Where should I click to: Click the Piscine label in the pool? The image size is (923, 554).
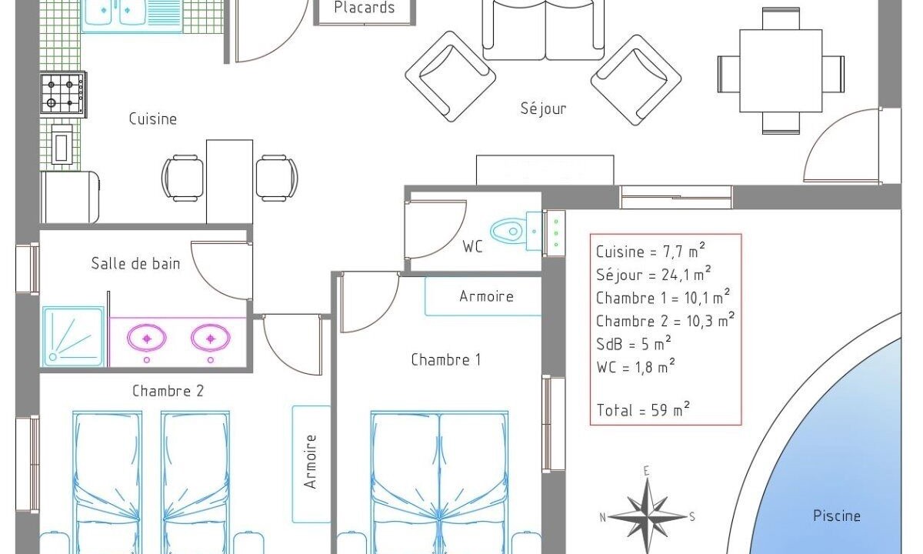837,516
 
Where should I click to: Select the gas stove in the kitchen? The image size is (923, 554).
63,94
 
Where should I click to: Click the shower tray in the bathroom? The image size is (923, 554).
73,336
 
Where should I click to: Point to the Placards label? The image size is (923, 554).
365,8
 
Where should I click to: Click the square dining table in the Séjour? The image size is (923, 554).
781,71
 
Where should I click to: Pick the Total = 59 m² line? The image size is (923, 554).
643,409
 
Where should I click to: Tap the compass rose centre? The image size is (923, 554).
648,516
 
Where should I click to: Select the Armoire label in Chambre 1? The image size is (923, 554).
486,296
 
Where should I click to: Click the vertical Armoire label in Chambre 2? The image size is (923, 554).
310,462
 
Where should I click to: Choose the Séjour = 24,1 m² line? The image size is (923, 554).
654,274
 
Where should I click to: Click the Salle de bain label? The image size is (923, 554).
135,263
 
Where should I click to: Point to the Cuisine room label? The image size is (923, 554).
153,118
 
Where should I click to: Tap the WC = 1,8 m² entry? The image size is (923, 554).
636,366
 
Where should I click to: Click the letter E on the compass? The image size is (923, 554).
647,471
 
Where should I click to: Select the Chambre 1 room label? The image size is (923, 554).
446,360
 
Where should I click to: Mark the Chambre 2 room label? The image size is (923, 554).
168,391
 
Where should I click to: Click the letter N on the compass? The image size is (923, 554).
602,517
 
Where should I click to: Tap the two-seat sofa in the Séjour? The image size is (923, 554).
544,30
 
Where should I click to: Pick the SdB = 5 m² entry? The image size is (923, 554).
634,343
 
